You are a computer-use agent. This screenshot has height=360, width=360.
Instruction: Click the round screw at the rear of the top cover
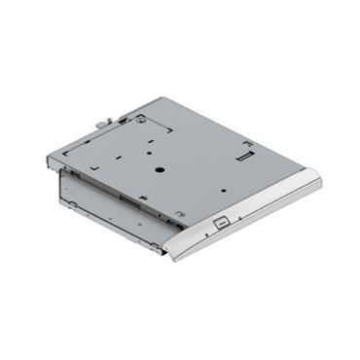[x=143, y=120]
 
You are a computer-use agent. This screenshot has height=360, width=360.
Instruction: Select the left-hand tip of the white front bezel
[x=172, y=259]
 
